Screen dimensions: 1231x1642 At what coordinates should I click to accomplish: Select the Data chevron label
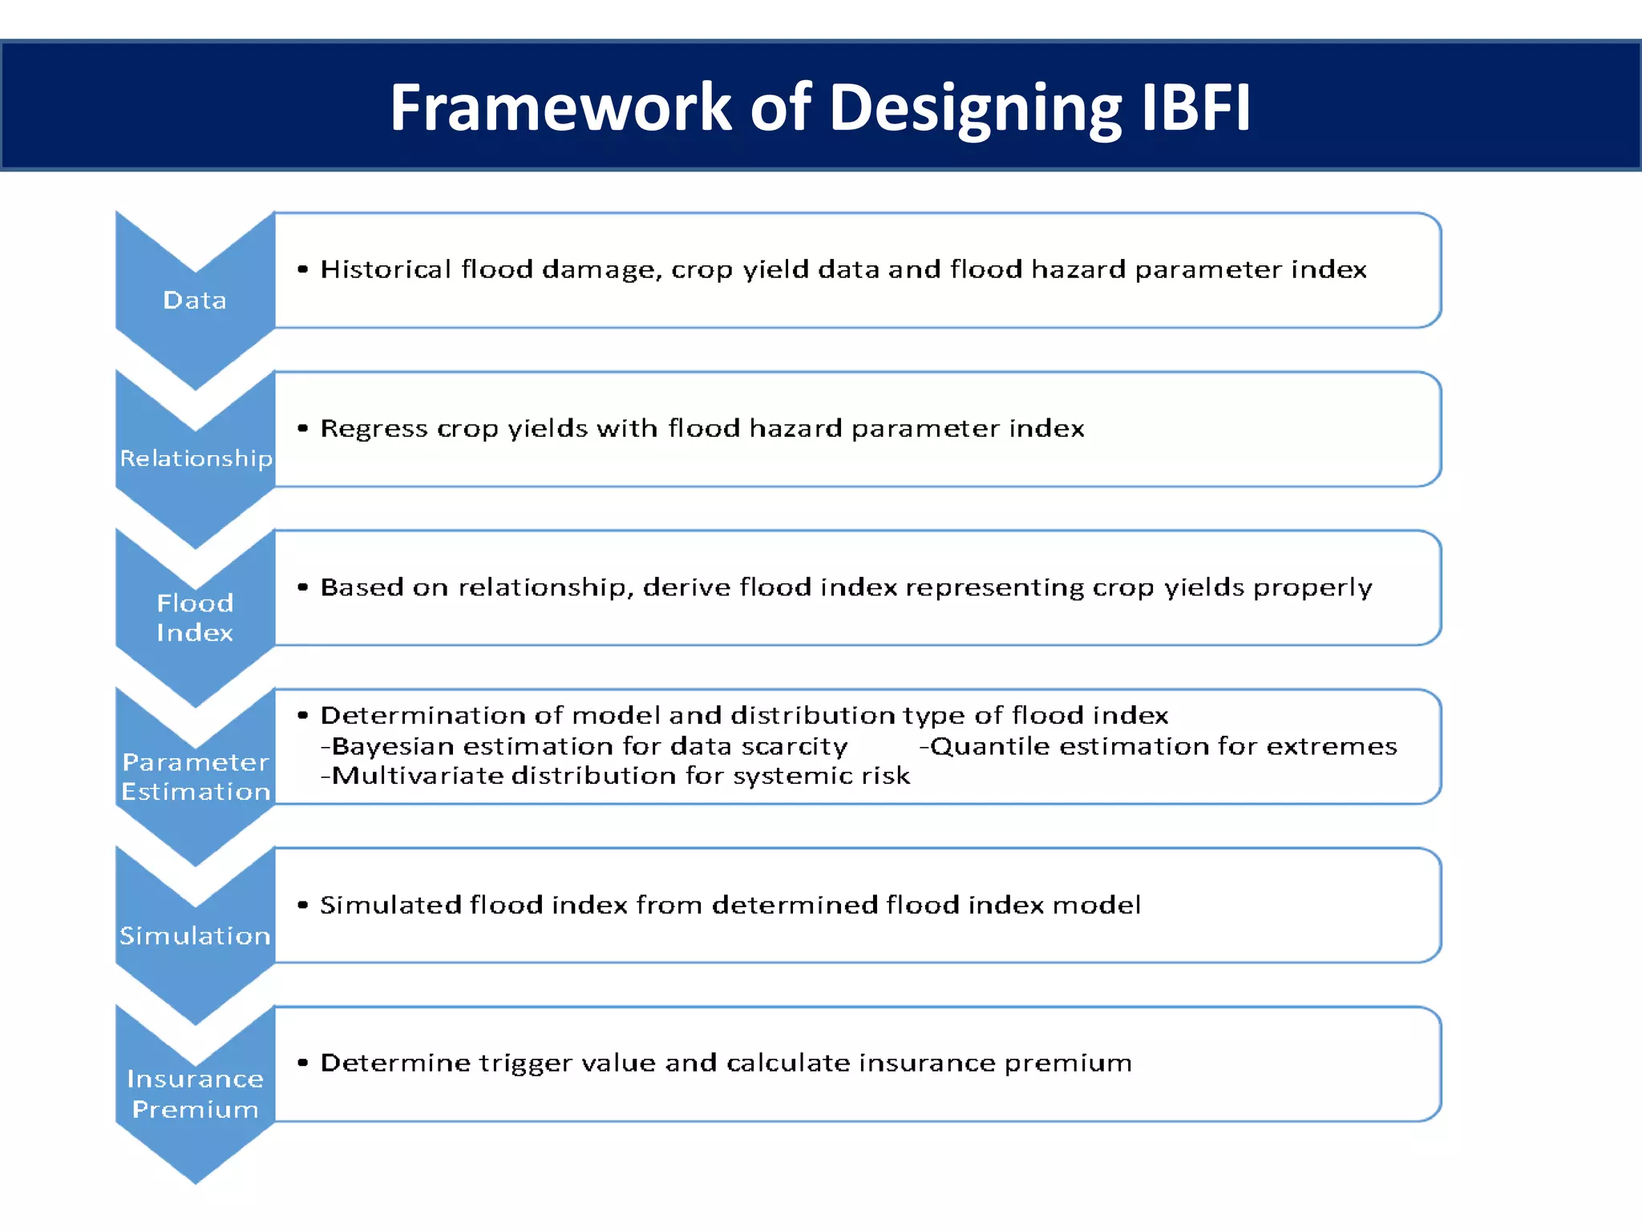point(195,301)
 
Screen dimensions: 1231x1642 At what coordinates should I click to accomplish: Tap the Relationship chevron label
point(196,458)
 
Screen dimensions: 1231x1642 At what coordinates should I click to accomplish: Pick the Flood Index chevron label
point(195,618)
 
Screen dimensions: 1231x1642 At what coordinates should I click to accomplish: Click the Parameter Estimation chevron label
point(196,777)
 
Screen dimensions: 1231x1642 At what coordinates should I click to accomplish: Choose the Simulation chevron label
point(195,935)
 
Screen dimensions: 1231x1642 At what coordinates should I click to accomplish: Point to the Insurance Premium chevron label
point(195,1094)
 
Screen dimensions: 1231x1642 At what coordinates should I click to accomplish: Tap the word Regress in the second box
point(374,428)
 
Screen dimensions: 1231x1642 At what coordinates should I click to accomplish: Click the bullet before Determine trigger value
point(302,1064)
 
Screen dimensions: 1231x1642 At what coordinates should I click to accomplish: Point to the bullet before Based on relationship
point(302,587)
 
